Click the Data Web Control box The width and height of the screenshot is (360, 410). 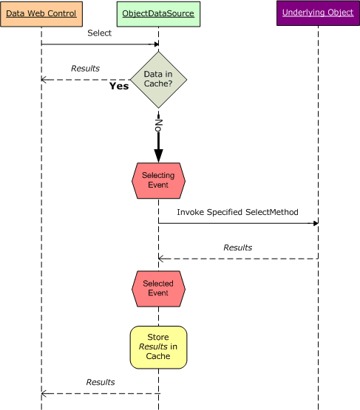[41, 14]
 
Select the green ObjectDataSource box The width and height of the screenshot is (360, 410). [158, 14]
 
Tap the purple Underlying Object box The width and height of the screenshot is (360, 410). [318, 14]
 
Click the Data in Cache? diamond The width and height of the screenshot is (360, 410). [158, 80]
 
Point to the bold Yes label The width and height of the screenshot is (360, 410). [119, 86]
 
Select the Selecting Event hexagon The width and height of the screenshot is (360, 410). [158, 180]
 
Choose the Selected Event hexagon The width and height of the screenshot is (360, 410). [158, 288]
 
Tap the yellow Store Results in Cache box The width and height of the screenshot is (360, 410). [158, 346]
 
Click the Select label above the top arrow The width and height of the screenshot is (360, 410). [100, 33]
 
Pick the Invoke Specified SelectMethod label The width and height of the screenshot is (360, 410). [237, 212]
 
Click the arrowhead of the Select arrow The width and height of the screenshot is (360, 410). [156, 44]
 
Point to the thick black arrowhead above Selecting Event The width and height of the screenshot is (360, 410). [158, 154]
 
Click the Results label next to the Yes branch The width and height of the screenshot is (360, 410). [85, 69]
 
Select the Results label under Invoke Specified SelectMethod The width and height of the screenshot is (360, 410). [237, 247]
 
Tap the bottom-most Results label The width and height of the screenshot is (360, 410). [101, 382]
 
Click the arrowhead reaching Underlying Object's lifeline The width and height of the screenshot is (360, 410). [316, 223]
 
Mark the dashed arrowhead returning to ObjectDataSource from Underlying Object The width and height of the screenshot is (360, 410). [162, 259]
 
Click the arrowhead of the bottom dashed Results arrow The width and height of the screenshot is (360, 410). [44, 394]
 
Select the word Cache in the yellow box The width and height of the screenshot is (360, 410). [158, 356]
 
